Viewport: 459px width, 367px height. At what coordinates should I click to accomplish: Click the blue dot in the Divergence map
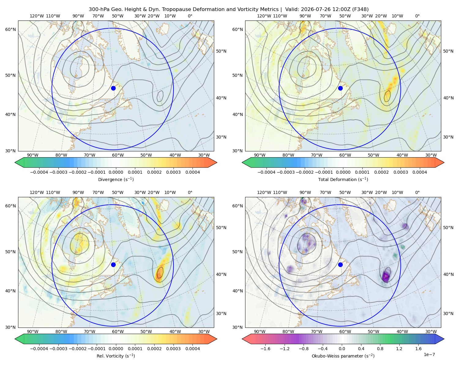click(x=113, y=88)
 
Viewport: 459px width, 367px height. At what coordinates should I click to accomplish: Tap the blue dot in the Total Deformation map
click(x=340, y=88)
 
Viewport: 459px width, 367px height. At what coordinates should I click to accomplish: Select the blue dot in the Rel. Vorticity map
click(x=113, y=265)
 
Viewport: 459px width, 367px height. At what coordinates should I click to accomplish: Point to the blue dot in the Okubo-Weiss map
click(x=340, y=265)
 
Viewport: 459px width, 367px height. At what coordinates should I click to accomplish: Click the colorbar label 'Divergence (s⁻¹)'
click(x=116, y=179)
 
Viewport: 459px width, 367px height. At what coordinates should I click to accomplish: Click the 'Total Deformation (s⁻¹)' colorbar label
click(x=343, y=179)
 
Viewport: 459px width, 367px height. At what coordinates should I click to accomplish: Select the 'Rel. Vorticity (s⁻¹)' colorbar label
click(x=116, y=356)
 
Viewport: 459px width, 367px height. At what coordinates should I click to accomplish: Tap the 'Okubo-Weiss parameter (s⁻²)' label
click(x=343, y=356)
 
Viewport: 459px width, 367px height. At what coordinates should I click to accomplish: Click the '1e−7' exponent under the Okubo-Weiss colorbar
click(x=429, y=354)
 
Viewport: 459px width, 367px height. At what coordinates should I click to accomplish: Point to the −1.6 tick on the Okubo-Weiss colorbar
click(x=265, y=348)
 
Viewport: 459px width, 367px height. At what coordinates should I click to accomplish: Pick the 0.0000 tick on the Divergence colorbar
click(x=116, y=172)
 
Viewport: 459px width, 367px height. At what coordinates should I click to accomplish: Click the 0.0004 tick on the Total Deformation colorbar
click(x=420, y=172)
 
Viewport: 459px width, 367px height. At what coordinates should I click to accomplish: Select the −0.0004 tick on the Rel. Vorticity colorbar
click(x=39, y=348)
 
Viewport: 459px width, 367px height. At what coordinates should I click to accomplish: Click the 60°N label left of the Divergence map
click(x=10, y=29)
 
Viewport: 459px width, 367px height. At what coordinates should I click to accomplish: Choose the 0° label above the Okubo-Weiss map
click(x=417, y=192)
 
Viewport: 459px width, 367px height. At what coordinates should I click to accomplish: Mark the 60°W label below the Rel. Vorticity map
click(x=118, y=332)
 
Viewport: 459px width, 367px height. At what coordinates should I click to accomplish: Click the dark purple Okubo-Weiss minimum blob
click(x=386, y=276)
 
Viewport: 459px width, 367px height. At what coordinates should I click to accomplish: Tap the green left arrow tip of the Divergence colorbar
click(x=15, y=162)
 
